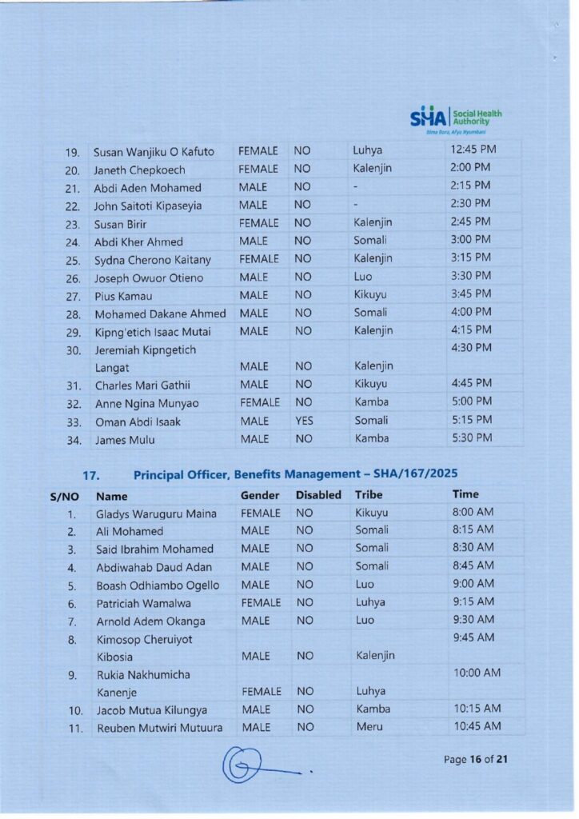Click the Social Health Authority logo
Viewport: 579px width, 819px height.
point(456,118)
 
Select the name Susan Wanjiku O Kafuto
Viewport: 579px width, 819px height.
point(154,152)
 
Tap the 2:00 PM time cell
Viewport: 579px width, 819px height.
point(470,168)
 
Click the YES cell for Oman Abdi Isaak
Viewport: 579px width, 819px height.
point(304,421)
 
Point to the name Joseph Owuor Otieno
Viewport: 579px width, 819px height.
point(149,278)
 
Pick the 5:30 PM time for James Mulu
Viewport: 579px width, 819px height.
point(472,437)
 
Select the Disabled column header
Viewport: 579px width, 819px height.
point(318,495)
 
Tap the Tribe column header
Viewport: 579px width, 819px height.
point(369,495)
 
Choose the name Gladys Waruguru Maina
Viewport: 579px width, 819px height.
point(156,513)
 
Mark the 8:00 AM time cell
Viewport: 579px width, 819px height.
point(473,512)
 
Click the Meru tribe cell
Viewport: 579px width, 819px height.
point(369,726)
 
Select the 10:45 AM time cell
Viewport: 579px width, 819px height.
point(477,725)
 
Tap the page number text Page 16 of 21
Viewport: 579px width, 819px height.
point(476,759)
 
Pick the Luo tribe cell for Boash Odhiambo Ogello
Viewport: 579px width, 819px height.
point(365,585)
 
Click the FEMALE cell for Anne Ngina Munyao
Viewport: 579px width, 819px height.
point(259,402)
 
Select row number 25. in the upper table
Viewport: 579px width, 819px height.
point(73,260)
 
